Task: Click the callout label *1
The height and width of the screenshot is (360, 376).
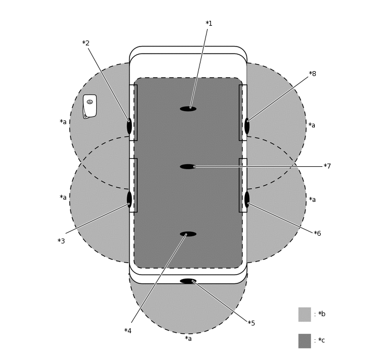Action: coord(209,24)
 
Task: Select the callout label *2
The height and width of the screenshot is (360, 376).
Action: coord(86,43)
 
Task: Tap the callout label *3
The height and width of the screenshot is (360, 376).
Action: coord(61,241)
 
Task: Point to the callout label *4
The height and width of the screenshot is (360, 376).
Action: coord(128,330)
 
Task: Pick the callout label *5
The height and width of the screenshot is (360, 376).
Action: coord(251,323)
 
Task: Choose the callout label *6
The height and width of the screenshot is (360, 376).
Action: coord(317,233)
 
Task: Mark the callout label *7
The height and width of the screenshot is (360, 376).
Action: coord(327,166)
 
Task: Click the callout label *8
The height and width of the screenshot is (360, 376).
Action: coord(313,74)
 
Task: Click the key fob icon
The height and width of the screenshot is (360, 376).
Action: coord(90,106)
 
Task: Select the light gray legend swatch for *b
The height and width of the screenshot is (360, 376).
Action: coord(304,315)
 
